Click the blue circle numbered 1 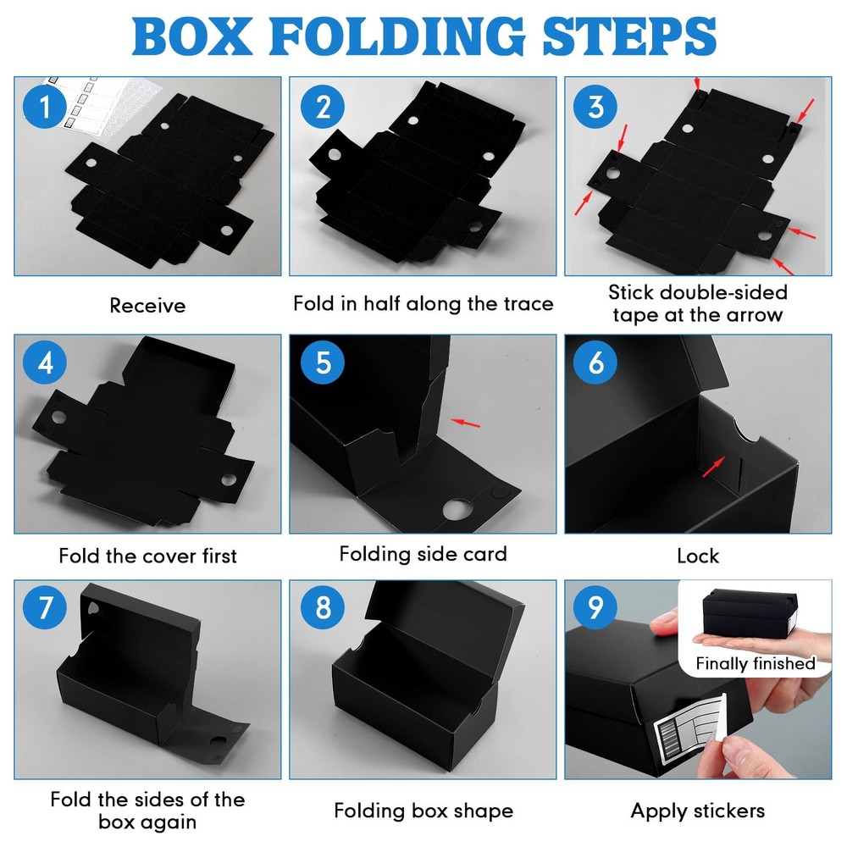coord(45,106)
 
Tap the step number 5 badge coord(323,363)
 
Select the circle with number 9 coord(595,606)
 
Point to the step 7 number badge coord(45,606)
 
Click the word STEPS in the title coord(629,36)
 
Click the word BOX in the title coord(192,36)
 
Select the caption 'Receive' coord(147,306)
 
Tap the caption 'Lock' coord(698,556)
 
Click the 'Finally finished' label coord(756,663)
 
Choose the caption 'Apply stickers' coord(697,811)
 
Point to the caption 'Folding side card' coord(423,554)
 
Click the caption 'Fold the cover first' coord(147,556)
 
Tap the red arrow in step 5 coord(465,423)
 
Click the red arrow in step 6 coord(713,466)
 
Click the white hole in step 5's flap coord(457,509)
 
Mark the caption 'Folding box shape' coord(423,811)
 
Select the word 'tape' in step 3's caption coord(635,315)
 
